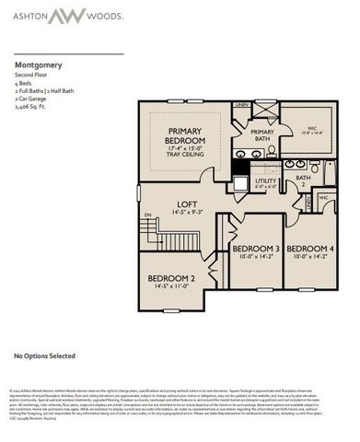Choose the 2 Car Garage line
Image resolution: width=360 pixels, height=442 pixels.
[x=31, y=99]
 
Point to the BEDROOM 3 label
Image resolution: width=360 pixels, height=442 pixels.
[x=254, y=250]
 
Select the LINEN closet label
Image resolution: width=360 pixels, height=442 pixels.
[x=242, y=106]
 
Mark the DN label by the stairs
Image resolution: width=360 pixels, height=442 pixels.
[x=145, y=215]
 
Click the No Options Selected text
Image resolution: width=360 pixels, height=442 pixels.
[x=45, y=354]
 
